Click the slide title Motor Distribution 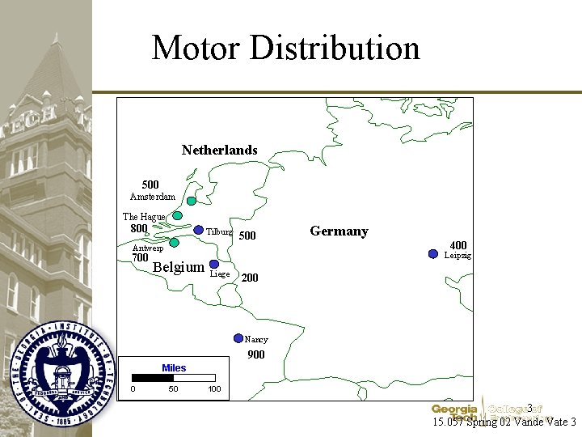tap(285, 48)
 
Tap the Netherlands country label tap(219, 150)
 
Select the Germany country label tap(339, 231)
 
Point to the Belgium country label tap(178, 267)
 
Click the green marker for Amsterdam tap(192, 201)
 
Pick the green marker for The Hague tap(177, 216)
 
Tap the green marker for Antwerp tap(174, 241)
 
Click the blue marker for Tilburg tap(199, 230)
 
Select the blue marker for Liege tap(214, 264)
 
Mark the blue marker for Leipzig tap(432, 254)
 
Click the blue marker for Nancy tap(238, 338)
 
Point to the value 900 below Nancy tap(255, 354)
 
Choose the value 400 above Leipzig tap(458, 245)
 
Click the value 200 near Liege tap(250, 278)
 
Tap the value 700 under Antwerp tap(140, 258)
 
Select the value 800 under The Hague tap(139, 229)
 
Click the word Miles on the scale tap(174, 368)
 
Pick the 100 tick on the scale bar tap(214, 389)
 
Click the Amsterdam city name tap(153, 197)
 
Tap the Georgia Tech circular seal tap(58, 379)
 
